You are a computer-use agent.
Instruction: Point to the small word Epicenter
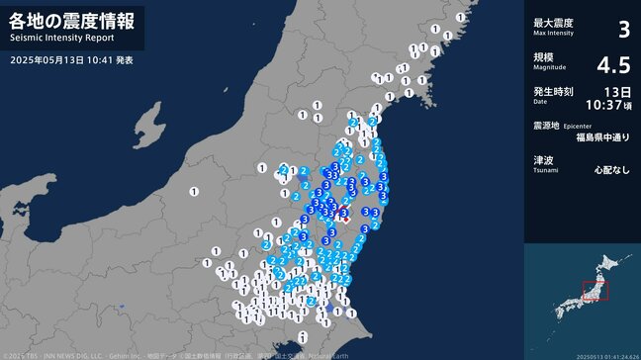point(578,127)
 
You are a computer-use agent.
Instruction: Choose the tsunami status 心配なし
point(611,170)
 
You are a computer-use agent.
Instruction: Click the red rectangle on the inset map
point(595,292)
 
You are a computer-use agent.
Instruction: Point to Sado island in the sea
point(147,127)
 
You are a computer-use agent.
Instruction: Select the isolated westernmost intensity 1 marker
point(194,190)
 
